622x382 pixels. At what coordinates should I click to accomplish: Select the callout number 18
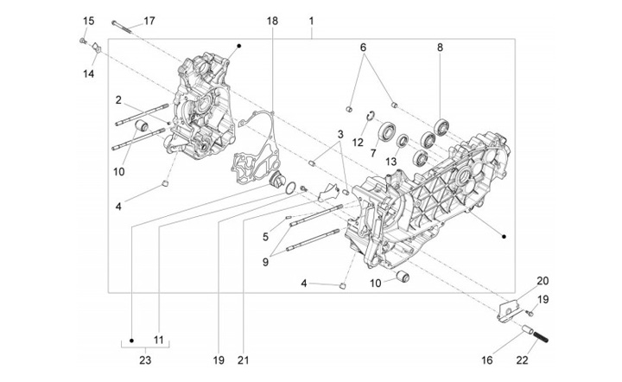pyautogui.click(x=272, y=21)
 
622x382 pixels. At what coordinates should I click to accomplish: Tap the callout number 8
pyautogui.click(x=440, y=48)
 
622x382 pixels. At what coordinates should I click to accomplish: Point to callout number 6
pyautogui.click(x=363, y=48)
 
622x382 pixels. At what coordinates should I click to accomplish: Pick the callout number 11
pyautogui.click(x=158, y=340)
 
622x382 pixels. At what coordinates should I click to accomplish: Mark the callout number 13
pyautogui.click(x=391, y=161)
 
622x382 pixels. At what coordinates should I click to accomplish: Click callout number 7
pyautogui.click(x=373, y=153)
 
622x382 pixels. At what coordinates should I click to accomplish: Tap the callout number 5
pyautogui.click(x=265, y=236)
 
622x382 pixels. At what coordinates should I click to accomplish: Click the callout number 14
pyautogui.click(x=88, y=74)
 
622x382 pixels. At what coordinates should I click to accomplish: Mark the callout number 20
pyautogui.click(x=542, y=281)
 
